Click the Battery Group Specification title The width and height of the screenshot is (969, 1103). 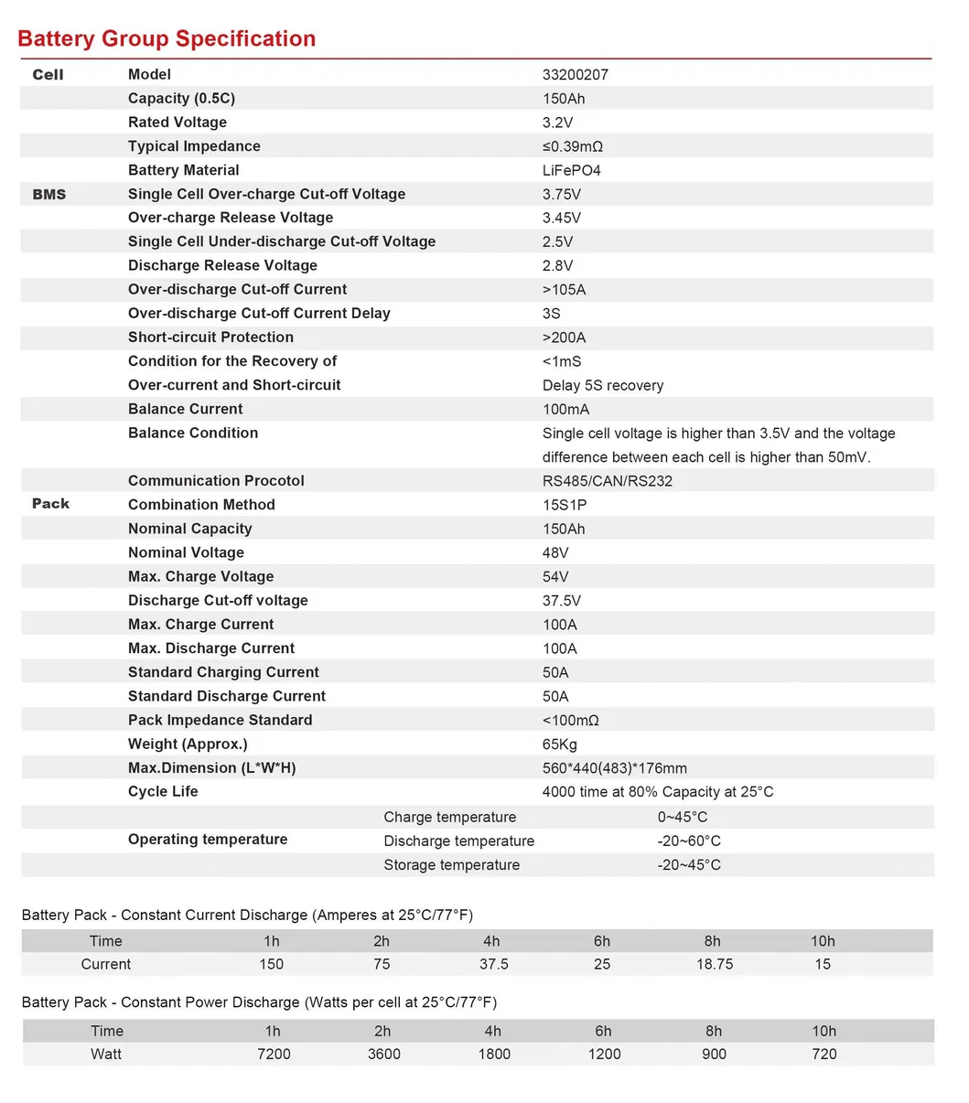pyautogui.click(x=167, y=38)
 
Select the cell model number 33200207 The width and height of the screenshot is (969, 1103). pyautogui.click(x=575, y=75)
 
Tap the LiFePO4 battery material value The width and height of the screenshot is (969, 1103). pyautogui.click(x=571, y=170)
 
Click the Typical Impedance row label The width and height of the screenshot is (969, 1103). pyautogui.click(x=194, y=146)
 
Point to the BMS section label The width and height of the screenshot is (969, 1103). pyautogui.click(x=48, y=194)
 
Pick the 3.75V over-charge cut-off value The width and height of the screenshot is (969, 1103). pyautogui.click(x=561, y=194)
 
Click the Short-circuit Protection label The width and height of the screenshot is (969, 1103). pyautogui.click(x=210, y=337)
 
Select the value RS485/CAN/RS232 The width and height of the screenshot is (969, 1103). pyautogui.click(x=607, y=481)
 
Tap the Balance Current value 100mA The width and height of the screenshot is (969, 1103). pyautogui.click(x=565, y=409)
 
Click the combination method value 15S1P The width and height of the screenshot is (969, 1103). pyautogui.click(x=564, y=505)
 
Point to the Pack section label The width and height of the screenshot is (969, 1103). pyautogui.click(x=50, y=504)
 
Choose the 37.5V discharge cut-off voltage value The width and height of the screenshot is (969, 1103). pyautogui.click(x=561, y=601)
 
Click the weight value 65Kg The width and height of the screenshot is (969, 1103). pyautogui.click(x=559, y=744)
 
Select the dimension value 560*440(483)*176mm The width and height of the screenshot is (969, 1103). pyautogui.click(x=614, y=768)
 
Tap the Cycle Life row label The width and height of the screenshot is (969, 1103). pyautogui.click(x=163, y=792)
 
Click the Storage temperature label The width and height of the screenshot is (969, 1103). pyautogui.click(x=451, y=865)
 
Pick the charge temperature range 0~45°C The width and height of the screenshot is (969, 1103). pyautogui.click(x=682, y=818)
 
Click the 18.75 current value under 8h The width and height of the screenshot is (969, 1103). pyautogui.click(x=714, y=964)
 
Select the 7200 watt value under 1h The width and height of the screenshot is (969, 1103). pyautogui.click(x=274, y=1054)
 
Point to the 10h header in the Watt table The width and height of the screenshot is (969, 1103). pyautogui.click(x=824, y=1031)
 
